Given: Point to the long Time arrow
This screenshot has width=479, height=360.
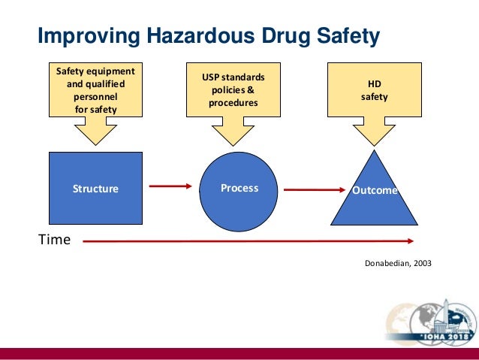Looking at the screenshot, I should (x=248, y=241).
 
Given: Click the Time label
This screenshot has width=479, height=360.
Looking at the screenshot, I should (x=54, y=240).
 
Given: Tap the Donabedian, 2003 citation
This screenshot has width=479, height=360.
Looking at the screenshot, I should (x=397, y=265).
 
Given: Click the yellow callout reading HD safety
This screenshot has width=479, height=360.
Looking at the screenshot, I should (x=374, y=91).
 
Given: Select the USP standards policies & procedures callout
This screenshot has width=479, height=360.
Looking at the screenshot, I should (x=233, y=91).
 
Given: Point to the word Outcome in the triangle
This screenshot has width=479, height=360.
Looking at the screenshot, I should (x=375, y=190).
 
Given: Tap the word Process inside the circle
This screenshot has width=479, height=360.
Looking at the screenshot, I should (x=239, y=188).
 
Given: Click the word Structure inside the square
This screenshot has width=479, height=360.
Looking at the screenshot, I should (x=95, y=189).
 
